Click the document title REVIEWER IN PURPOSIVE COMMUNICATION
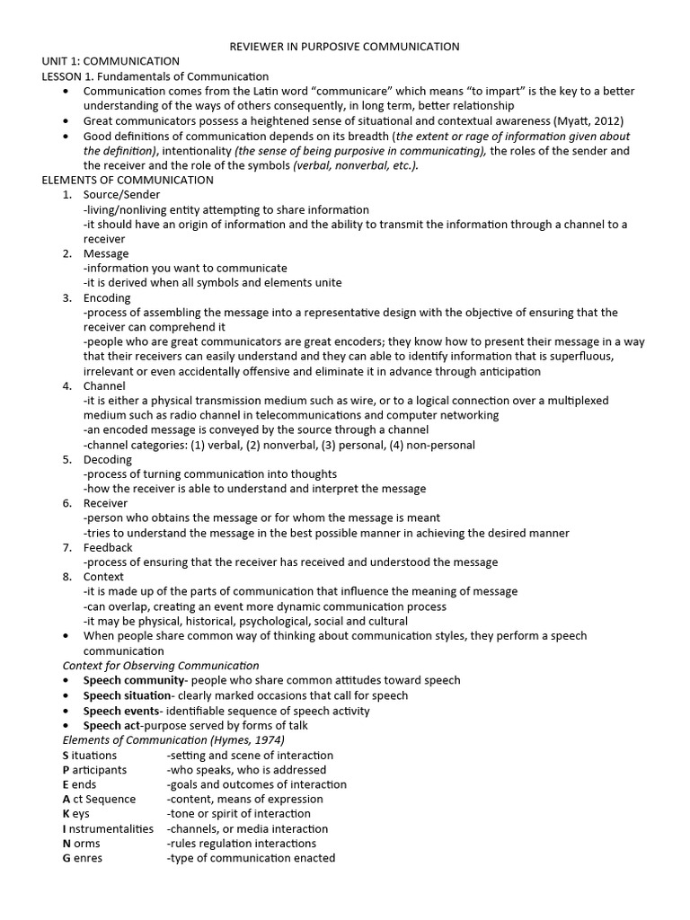345,46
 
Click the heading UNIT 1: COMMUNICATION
111,61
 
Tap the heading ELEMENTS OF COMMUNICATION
128,180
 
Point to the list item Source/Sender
121,194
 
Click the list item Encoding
107,297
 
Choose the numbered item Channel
104,385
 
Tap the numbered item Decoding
108,459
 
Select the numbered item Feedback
108,547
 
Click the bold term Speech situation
128,695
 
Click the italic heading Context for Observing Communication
161,666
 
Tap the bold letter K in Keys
66,814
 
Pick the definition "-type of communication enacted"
251,858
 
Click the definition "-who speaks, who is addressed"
246,770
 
